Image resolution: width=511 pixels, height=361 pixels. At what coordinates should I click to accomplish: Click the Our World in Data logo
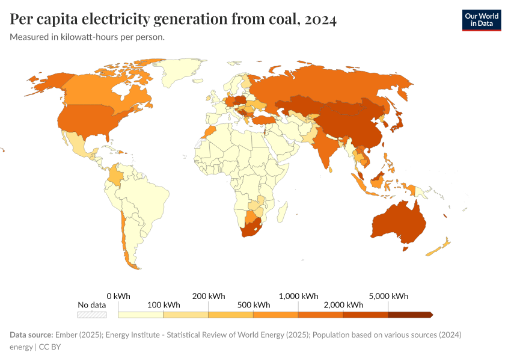click(481, 20)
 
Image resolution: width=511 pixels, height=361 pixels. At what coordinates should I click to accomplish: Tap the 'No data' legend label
click(91, 305)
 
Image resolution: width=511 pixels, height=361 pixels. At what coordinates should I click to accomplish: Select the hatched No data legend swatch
click(91, 314)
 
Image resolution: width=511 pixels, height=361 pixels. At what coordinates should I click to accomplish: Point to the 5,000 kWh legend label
click(388, 296)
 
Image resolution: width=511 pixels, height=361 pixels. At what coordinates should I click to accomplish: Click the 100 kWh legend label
click(163, 305)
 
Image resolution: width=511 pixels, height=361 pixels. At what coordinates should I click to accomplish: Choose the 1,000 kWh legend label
click(298, 296)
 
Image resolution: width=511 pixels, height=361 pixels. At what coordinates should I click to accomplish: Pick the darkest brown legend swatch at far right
click(409, 314)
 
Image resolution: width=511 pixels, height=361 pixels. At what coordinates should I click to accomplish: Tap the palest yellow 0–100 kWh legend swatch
click(141, 314)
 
